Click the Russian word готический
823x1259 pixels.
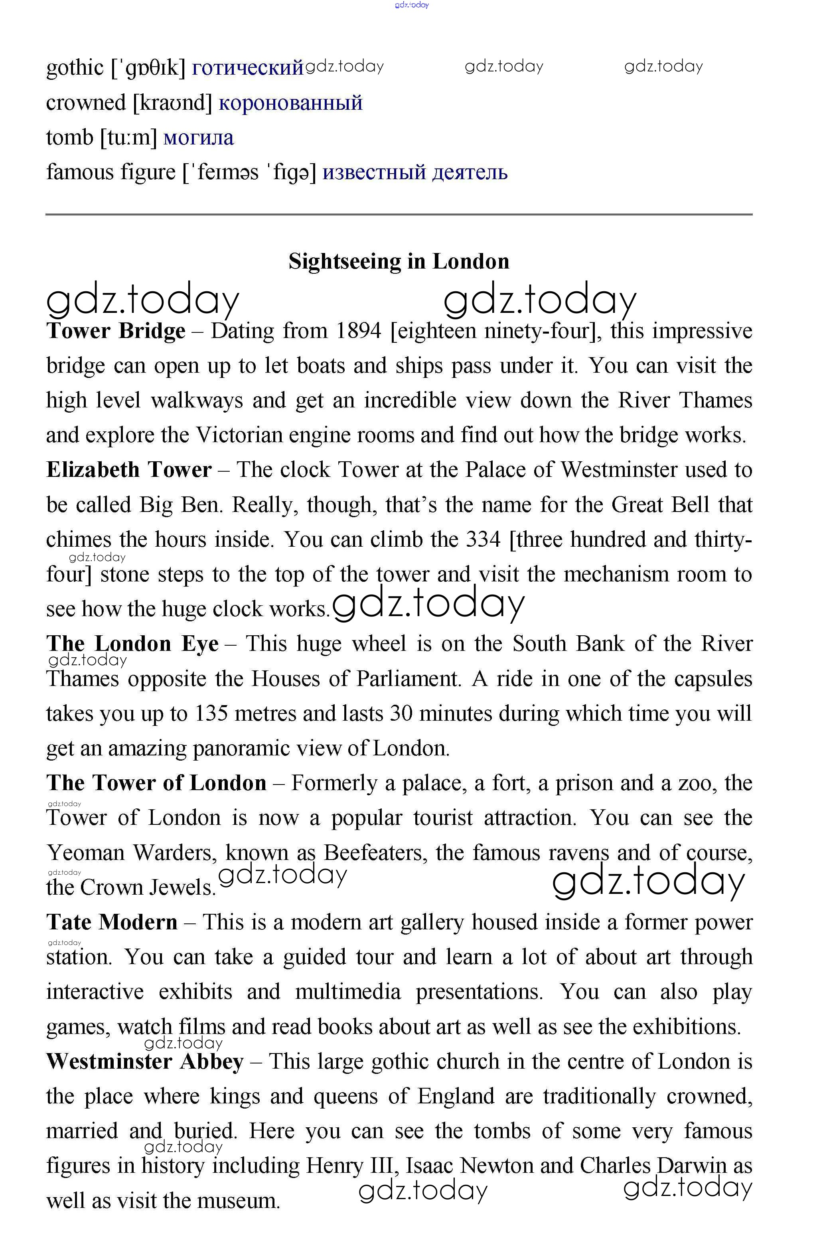[247, 68]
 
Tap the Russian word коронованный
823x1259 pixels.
[290, 103]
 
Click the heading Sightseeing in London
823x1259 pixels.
[399, 261]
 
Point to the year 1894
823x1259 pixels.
[359, 331]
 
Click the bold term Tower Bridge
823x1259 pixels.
[116, 331]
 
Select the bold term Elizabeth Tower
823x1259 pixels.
[128, 470]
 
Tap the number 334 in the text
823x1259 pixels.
[483, 540]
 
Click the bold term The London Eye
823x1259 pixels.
[132, 644]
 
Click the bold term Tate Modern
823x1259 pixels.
[112, 922]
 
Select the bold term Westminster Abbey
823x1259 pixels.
[145, 1062]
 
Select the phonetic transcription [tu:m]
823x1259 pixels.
[128, 138]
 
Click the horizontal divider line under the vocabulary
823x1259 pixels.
[399, 214]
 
